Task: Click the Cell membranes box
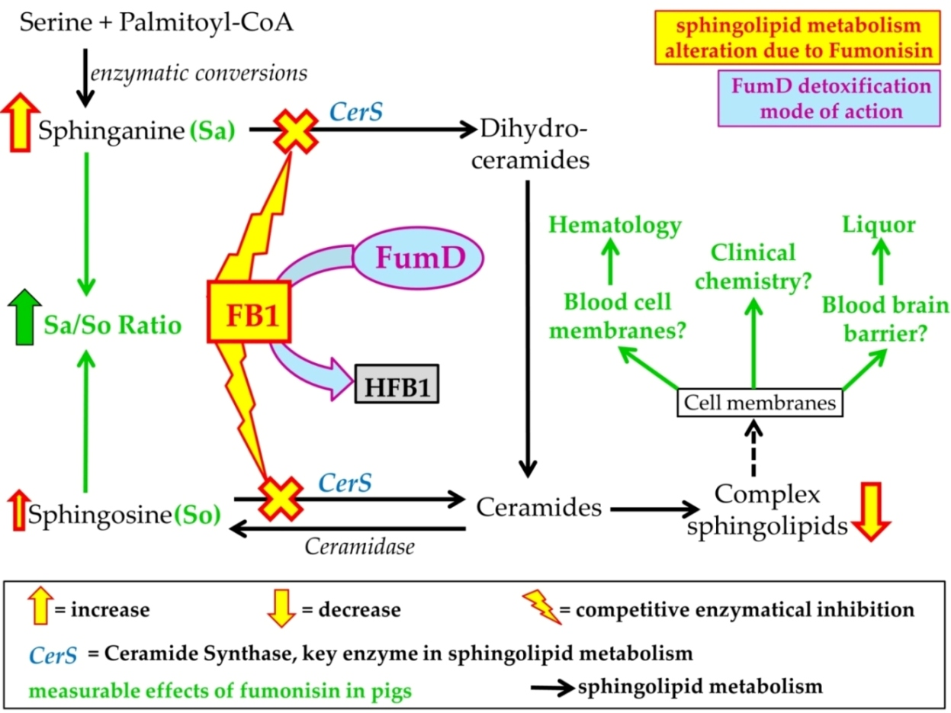tap(760, 402)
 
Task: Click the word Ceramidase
tap(360, 546)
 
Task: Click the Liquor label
tap(879, 225)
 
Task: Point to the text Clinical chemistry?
tap(753, 267)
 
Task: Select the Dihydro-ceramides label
tap(532, 145)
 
